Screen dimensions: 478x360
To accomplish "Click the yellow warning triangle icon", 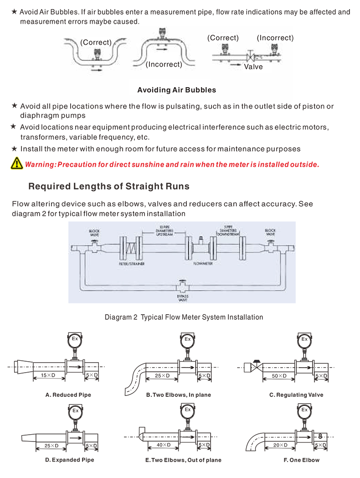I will (17, 163).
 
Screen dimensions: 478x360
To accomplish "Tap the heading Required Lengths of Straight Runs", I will (109, 186).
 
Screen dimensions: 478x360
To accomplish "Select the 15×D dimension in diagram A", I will (48, 375).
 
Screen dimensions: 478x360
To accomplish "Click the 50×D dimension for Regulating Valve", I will (279, 375).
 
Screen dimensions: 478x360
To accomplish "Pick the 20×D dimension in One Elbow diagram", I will (280, 445).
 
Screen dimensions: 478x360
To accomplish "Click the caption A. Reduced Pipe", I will (68, 395).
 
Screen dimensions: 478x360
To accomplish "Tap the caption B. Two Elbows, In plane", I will (179, 395).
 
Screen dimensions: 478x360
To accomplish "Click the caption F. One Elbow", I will (302, 460).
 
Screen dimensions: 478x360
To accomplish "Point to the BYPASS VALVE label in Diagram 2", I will (182, 298).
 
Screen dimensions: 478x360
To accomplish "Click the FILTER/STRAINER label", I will (132, 264).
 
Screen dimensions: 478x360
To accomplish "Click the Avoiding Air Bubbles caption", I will (177, 90).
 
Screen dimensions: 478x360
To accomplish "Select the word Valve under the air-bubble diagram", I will (253, 67).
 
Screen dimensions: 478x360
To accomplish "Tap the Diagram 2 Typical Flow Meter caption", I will (184, 317).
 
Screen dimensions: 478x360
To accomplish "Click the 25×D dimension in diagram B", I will (162, 375).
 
